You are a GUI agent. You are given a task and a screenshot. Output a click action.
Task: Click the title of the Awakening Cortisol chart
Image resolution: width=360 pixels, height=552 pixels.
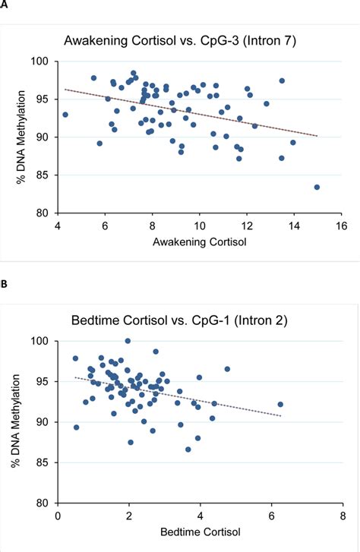[180, 41]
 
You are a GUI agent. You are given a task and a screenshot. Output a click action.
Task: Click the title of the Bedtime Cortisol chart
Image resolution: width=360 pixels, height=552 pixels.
[179, 320]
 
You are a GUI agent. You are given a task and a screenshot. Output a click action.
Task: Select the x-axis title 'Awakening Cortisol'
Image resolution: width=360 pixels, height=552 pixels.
[200, 242]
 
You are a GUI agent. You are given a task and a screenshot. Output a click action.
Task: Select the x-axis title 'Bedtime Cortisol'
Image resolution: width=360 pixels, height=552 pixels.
[200, 531]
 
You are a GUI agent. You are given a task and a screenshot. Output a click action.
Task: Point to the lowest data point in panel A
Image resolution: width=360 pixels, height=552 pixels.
[317, 188]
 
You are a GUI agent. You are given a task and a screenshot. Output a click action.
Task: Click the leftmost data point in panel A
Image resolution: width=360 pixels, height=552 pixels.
[65, 115]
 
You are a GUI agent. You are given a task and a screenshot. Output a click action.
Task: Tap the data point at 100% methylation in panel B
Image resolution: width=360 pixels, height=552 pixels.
[128, 341]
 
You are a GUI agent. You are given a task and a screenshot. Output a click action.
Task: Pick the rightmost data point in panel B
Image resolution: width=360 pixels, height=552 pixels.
[280, 405]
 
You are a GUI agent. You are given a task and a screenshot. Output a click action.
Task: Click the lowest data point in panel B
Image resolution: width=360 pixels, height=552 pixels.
[188, 449]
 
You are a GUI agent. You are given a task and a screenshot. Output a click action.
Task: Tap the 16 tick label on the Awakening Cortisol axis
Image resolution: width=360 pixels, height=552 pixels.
[341, 226]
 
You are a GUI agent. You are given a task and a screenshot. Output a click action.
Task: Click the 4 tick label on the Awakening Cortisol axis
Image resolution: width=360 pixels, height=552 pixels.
[58, 226]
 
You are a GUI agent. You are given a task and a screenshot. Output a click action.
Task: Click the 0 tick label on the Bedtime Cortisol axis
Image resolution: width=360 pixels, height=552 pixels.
[58, 516]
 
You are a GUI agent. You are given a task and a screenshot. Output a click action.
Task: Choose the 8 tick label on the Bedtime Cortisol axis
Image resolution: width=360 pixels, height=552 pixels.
[343, 516]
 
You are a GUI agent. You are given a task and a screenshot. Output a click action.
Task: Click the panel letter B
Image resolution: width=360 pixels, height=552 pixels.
[4, 284]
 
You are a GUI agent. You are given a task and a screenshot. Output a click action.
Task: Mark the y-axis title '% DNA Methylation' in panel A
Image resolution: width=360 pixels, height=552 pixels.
[21, 137]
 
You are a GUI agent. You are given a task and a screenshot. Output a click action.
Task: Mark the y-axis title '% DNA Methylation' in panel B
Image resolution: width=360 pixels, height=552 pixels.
[15, 421]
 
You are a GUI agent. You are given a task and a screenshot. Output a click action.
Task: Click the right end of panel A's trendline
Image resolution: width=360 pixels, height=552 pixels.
[317, 136]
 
